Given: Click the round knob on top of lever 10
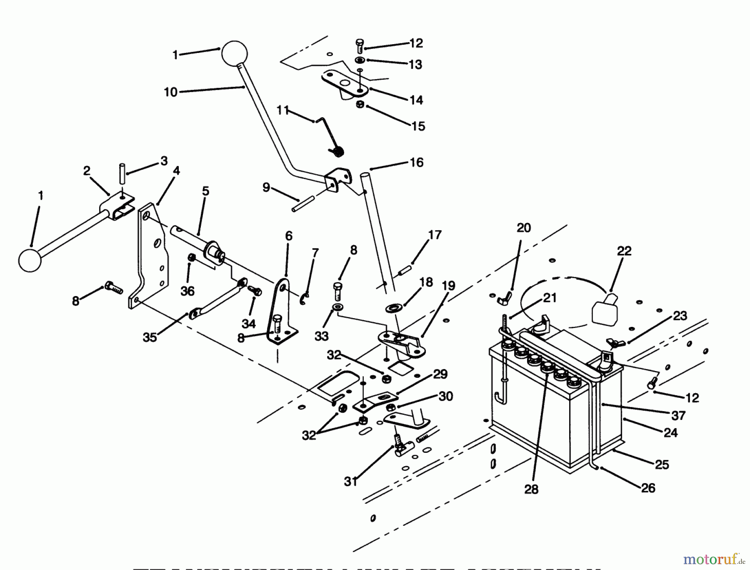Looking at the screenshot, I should click(x=234, y=53).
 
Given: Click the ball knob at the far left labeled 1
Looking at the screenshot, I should click(x=30, y=260).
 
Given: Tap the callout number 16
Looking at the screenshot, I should click(x=417, y=162).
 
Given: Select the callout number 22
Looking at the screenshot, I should click(x=624, y=251).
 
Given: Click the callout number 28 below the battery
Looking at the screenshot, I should click(x=531, y=489).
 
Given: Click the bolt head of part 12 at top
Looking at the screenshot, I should click(x=360, y=43).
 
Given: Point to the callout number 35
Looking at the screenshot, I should click(x=150, y=337).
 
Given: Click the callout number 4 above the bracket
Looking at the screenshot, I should click(x=177, y=171).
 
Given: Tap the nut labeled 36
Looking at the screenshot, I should click(x=192, y=258).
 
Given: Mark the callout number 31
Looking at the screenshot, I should click(x=351, y=481).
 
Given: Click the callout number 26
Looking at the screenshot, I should click(x=648, y=487).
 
